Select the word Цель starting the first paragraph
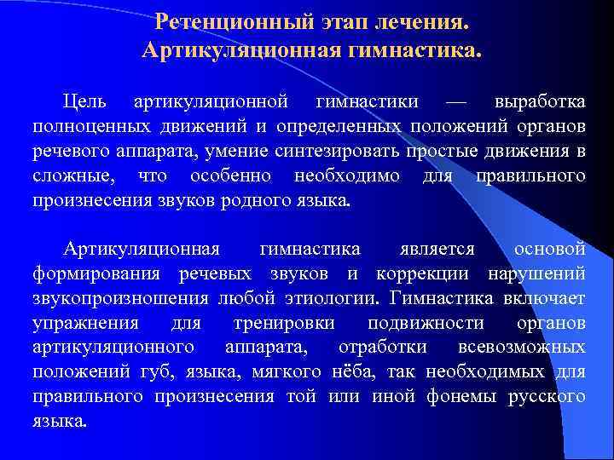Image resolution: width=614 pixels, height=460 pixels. (84, 102)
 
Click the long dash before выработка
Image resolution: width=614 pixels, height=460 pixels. (456, 102)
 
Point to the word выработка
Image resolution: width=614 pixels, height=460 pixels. (540, 102)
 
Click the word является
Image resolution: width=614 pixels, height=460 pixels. (437, 249)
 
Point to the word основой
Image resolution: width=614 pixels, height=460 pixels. (550, 249)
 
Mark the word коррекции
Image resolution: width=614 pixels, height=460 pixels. (422, 273)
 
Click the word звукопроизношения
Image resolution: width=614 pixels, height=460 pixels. (120, 298)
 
